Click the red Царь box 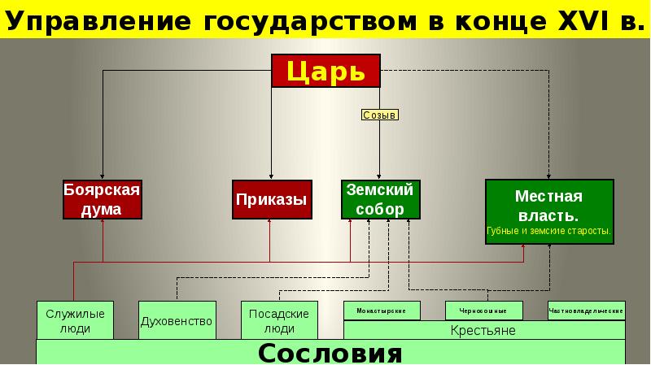point(325,71)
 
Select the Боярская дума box point(103,199)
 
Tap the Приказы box point(272,199)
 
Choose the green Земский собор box point(380,199)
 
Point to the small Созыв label point(379,115)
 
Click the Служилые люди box point(75,320)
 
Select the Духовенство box point(177,320)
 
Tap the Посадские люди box point(279,320)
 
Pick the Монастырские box point(382,311)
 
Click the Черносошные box point(484,311)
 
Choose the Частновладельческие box point(587,311)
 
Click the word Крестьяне point(483,331)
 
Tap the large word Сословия point(330,353)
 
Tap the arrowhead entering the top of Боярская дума point(103,176)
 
